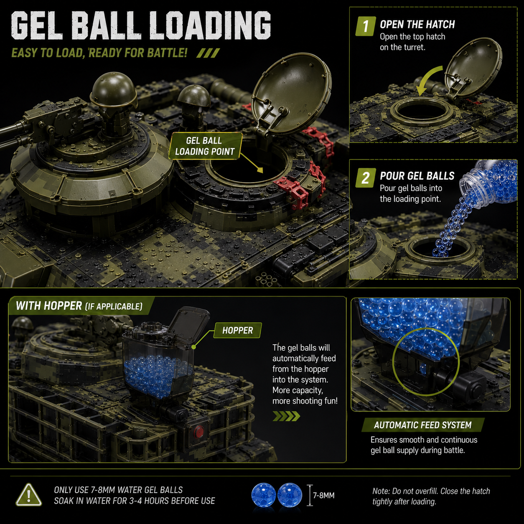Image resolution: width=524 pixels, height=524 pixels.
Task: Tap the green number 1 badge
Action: (x=366, y=26)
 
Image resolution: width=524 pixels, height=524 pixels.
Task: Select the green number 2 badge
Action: (x=366, y=178)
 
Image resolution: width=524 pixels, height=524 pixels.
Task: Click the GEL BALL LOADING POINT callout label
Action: (x=205, y=146)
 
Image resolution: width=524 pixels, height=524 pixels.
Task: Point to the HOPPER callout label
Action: (x=237, y=331)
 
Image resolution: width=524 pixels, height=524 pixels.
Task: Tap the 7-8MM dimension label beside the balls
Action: (x=323, y=495)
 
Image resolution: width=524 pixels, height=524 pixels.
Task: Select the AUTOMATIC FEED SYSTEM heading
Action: (x=422, y=425)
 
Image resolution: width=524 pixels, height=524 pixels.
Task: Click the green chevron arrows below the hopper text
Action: (x=286, y=416)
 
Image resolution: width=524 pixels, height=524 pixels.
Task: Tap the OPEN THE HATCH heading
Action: (x=417, y=25)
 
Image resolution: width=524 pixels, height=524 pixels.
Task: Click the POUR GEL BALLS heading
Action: (x=417, y=176)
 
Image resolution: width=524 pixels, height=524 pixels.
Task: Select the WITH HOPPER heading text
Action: (x=49, y=305)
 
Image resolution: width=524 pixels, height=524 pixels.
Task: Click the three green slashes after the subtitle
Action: (x=208, y=53)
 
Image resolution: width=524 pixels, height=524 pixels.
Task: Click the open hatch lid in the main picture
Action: (x=291, y=97)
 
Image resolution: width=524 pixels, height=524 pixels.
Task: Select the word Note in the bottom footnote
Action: (x=380, y=491)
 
